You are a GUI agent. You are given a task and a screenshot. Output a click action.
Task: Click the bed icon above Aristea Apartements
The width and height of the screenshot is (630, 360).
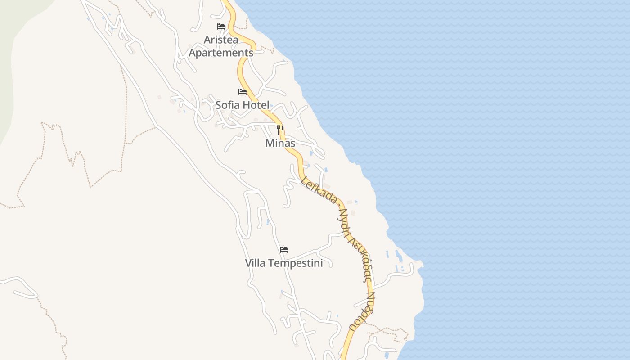point(221,27)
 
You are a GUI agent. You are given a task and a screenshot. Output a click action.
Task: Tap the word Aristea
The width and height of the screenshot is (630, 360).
point(221,40)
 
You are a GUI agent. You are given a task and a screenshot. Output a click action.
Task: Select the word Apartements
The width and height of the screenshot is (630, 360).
point(221,53)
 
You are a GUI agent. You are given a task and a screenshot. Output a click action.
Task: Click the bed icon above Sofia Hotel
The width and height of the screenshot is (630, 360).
point(243,92)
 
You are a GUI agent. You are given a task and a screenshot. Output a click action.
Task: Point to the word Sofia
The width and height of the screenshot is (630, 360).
point(226,105)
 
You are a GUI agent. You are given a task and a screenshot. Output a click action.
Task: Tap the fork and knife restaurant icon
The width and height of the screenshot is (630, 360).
point(280,130)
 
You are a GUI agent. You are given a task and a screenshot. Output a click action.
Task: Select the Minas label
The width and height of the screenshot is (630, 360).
point(280,143)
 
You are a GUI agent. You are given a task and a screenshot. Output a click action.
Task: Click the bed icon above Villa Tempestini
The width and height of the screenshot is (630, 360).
point(284,250)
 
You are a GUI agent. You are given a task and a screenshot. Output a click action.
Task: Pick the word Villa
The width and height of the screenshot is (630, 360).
point(256,263)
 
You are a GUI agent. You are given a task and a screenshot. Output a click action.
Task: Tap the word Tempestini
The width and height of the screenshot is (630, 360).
point(295,263)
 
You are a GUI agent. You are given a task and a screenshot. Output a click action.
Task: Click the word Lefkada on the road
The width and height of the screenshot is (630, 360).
point(319,190)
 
